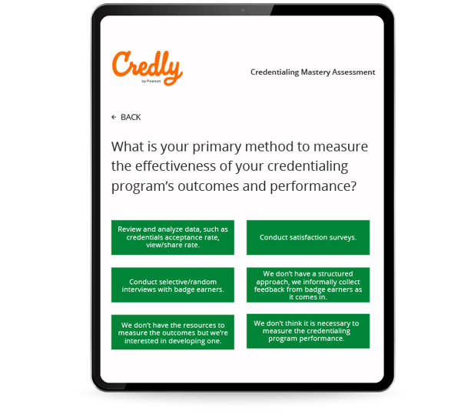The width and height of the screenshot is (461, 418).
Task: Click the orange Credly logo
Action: pyautogui.click(x=147, y=68)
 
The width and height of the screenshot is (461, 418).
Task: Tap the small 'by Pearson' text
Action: pyautogui.click(x=151, y=81)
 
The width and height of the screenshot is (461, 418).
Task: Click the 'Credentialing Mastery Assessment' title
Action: pyautogui.click(x=313, y=72)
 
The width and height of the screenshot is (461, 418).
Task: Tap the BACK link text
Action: pyautogui.click(x=131, y=117)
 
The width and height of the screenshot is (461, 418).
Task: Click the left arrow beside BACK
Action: pyautogui.click(x=114, y=117)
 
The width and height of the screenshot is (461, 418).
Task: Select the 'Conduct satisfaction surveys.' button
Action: pyautogui.click(x=308, y=237)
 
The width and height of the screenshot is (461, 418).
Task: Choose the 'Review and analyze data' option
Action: pyautogui.click(x=173, y=237)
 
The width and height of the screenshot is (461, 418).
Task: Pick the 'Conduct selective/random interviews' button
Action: pyautogui.click(x=173, y=285)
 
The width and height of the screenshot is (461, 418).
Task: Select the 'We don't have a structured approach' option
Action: pyautogui.click(x=308, y=285)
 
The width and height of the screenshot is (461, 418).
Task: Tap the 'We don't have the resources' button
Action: pyautogui.click(x=173, y=333)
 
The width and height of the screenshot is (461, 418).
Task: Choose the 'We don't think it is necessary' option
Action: pyautogui.click(x=308, y=331)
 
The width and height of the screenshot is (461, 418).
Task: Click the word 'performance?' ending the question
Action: pyautogui.click(x=313, y=186)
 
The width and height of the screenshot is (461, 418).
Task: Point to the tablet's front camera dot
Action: pyautogui.click(x=243, y=10)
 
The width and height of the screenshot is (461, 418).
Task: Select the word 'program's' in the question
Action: pyautogui.click(x=143, y=186)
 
